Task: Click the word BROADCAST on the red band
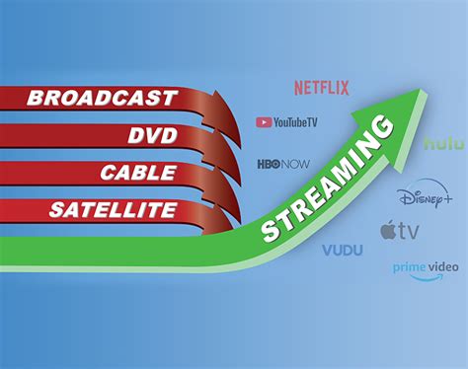click(103, 98)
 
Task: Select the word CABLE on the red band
click(138, 173)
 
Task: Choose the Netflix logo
click(322, 88)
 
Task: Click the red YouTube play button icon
click(264, 122)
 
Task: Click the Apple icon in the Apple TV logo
click(388, 232)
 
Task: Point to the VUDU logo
click(342, 251)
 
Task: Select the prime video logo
click(426, 269)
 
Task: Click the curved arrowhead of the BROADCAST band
click(211, 107)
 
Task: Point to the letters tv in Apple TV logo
click(408, 233)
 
